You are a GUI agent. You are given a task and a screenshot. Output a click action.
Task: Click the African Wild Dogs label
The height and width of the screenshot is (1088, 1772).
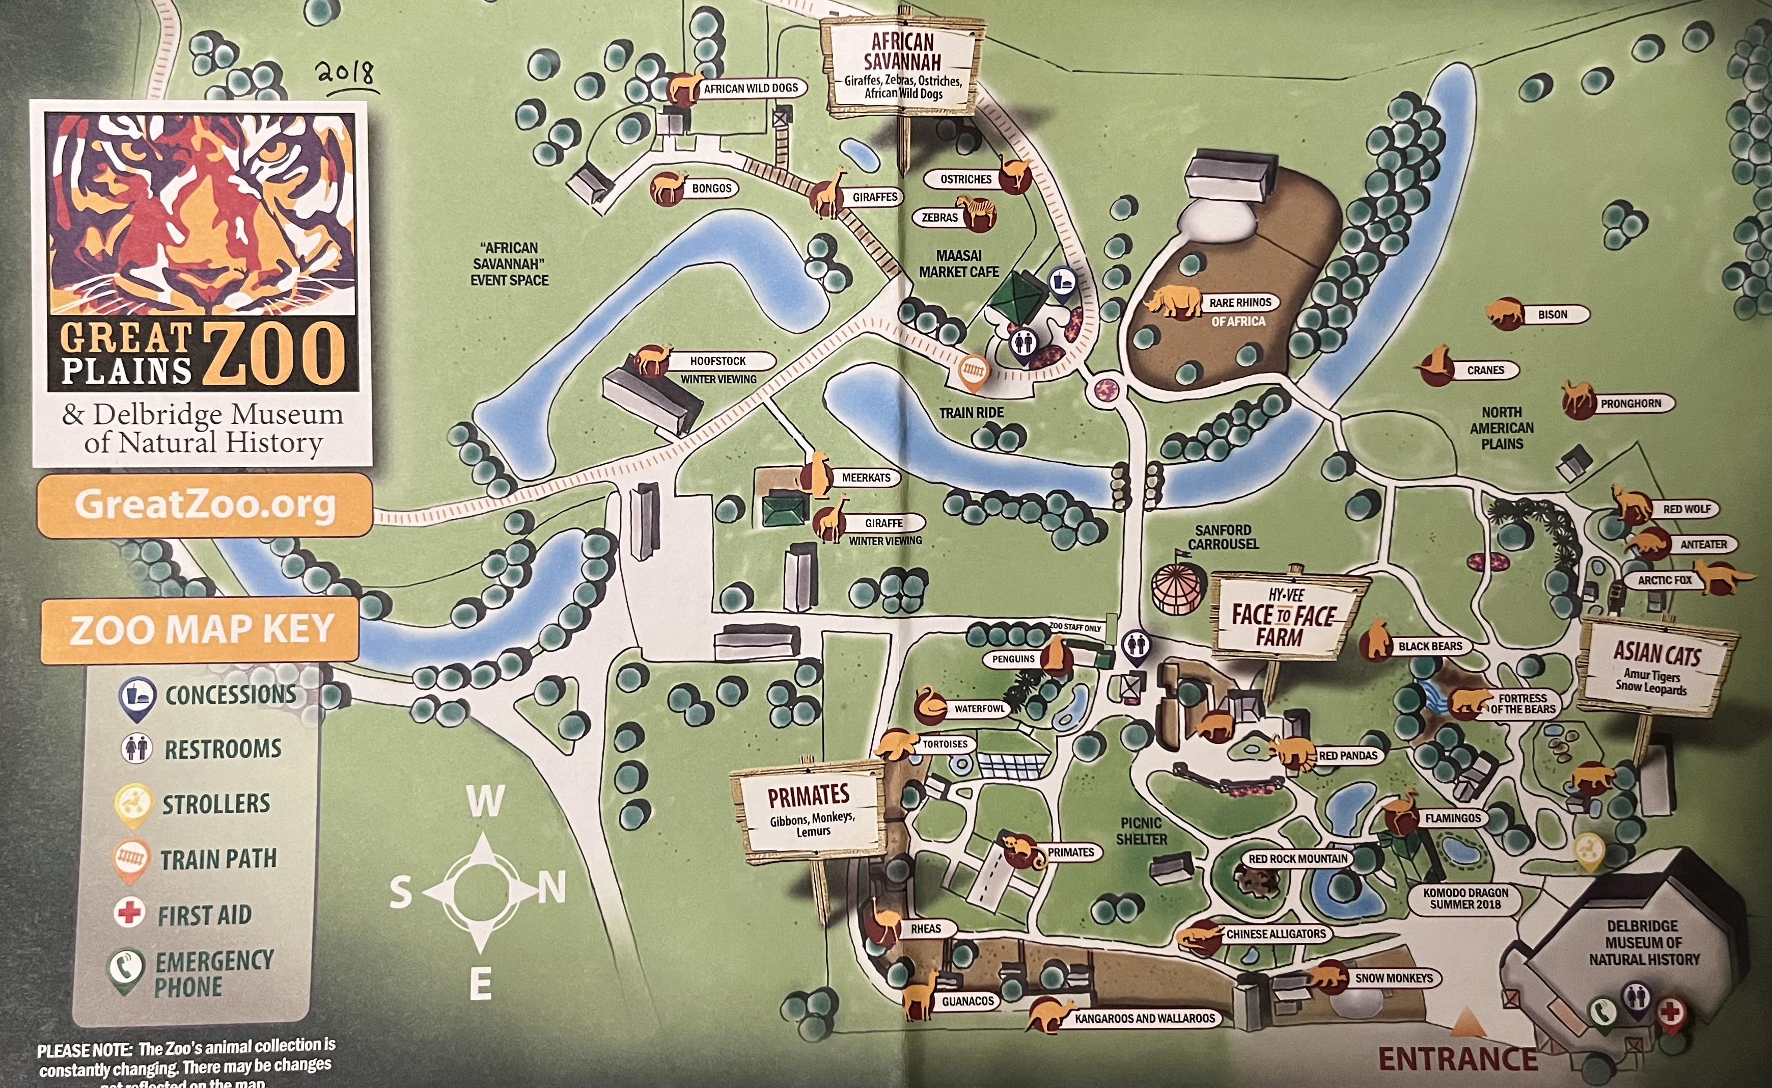[x=751, y=89]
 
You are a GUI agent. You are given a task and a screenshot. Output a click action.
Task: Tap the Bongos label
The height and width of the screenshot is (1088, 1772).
[x=711, y=189]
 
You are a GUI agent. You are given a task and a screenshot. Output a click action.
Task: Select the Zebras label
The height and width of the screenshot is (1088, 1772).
[x=940, y=217]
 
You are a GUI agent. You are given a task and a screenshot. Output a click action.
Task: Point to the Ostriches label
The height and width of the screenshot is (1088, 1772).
[x=966, y=179]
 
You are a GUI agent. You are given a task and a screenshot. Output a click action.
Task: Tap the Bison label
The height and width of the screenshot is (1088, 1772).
[x=1552, y=314]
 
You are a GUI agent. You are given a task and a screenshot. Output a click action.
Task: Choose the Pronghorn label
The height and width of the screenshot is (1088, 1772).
[x=1630, y=404]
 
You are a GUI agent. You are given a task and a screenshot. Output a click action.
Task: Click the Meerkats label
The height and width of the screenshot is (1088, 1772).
[x=866, y=478]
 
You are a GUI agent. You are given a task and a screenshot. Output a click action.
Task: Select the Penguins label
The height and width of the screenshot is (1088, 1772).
[x=1013, y=659]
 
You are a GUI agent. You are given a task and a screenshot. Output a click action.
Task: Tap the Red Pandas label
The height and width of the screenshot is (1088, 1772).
[x=1348, y=756]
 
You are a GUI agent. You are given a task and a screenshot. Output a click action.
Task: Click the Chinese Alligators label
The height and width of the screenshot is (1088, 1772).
[x=1276, y=934]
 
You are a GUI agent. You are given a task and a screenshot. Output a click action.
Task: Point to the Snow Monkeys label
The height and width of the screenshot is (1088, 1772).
[x=1394, y=978]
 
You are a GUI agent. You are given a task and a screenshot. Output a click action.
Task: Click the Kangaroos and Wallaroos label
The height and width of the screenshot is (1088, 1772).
[x=1144, y=1018]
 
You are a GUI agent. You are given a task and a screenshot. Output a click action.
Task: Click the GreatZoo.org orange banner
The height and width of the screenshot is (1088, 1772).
[x=205, y=505]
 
